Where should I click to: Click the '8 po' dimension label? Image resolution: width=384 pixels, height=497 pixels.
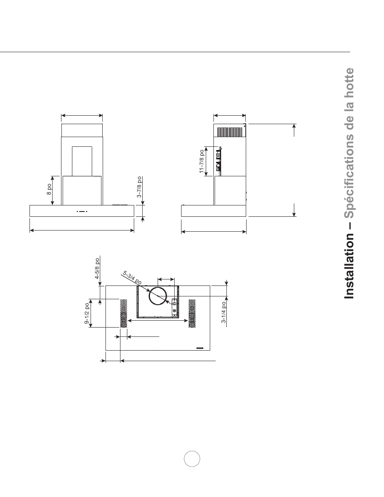click(x=49, y=190)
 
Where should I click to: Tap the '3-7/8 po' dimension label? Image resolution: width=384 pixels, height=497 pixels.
click(x=139, y=187)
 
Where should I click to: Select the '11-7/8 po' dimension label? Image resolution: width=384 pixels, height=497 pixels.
click(x=201, y=161)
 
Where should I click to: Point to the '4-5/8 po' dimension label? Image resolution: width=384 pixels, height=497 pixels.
click(x=97, y=269)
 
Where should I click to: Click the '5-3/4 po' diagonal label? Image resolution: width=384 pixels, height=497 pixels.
click(x=132, y=277)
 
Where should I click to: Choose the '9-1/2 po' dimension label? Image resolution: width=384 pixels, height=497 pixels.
click(x=87, y=313)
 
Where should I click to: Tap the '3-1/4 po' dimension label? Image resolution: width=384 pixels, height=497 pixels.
click(x=224, y=313)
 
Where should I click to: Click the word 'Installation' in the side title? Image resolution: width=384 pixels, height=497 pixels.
click(x=349, y=266)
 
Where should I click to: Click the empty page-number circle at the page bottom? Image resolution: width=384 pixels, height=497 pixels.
click(x=192, y=459)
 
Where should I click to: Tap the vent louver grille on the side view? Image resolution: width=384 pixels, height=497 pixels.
click(x=230, y=132)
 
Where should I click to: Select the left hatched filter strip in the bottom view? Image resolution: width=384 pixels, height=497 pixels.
click(x=123, y=313)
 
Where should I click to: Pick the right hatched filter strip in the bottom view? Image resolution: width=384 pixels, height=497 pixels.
click(x=192, y=313)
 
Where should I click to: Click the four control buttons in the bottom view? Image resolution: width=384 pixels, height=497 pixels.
click(x=200, y=348)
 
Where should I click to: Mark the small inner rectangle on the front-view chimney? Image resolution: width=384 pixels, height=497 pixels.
click(x=82, y=161)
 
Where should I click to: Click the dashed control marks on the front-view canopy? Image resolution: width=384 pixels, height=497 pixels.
click(x=82, y=211)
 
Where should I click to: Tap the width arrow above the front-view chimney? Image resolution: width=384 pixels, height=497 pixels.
click(x=82, y=116)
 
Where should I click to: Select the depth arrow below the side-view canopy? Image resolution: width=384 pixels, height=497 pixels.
click(x=214, y=232)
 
